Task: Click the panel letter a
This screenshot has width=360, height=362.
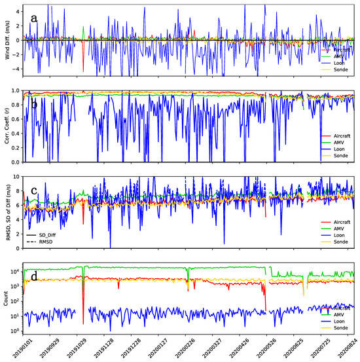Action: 33,18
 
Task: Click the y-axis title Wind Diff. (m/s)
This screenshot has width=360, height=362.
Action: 7,41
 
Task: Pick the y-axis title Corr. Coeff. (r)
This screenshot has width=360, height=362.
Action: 7,126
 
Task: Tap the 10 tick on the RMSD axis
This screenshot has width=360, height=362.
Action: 17,177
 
